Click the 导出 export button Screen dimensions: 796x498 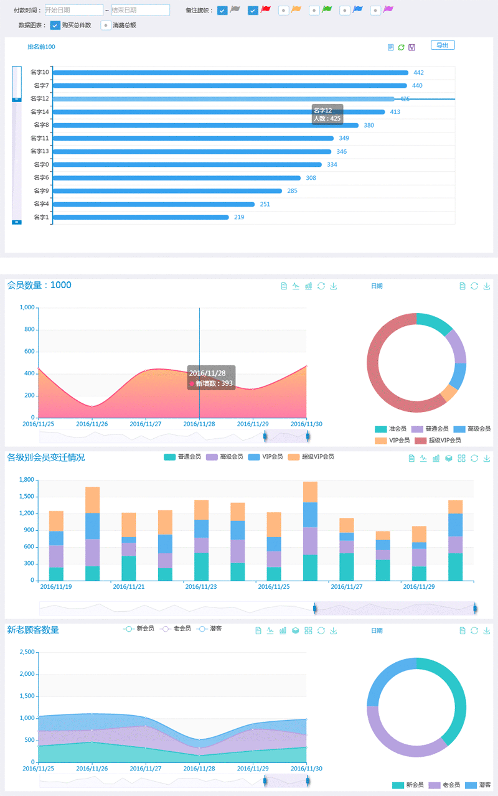443,45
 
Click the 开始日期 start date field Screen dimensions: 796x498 74,11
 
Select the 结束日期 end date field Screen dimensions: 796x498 140,11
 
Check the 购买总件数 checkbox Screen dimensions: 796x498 55,26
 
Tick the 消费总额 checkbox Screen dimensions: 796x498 106,26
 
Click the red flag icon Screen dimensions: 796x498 265,10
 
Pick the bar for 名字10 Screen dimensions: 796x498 230,73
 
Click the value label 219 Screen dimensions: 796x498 239,217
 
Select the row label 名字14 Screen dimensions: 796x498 40,112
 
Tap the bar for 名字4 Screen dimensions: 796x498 154,204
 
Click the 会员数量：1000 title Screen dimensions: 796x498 39,286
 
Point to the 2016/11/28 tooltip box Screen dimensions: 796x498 211,378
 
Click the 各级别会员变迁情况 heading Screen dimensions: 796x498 46,458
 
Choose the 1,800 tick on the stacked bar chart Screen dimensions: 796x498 26,480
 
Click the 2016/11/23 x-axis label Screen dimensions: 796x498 200,587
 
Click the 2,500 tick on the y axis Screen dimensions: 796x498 26,652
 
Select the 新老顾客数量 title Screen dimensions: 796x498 33,630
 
